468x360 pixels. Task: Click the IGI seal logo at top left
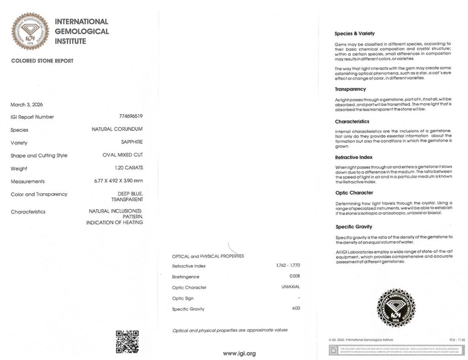tap(31, 31)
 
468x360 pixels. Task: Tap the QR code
tap(127, 341)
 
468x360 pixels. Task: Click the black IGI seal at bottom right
tap(395, 307)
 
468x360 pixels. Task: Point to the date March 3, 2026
tap(27, 105)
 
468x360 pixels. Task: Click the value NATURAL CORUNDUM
tap(117, 129)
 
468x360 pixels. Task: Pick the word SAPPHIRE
tap(132, 142)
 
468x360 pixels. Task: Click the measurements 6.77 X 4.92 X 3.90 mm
tap(118, 181)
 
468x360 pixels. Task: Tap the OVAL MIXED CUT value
tap(122, 155)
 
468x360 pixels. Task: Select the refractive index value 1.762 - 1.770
tap(288, 265)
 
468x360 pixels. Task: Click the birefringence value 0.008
tap(295, 276)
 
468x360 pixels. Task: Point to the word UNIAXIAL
tap(291, 287)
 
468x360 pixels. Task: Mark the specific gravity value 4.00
tap(295, 308)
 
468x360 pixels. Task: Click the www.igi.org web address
tap(239, 353)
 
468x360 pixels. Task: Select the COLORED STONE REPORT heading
tap(42, 61)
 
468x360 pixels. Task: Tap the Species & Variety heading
tap(355, 33)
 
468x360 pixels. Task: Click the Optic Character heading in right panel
tap(354, 193)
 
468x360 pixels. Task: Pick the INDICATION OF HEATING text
tap(114, 222)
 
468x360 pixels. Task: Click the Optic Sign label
tap(183, 298)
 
